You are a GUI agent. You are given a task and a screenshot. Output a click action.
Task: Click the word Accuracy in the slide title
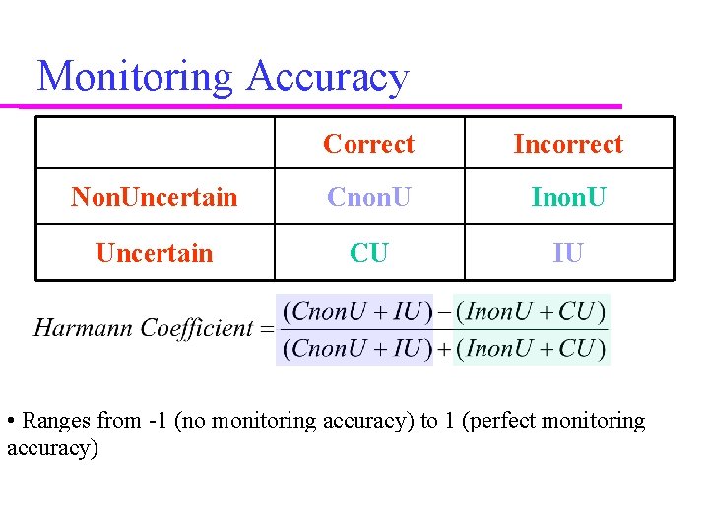tap(327, 77)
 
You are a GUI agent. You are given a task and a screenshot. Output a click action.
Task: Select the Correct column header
tap(368, 144)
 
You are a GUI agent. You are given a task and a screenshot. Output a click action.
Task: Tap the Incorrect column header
tap(568, 144)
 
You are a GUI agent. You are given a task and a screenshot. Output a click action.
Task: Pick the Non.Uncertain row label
tap(155, 197)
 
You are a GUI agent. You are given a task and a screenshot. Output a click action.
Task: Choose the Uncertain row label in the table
tap(155, 253)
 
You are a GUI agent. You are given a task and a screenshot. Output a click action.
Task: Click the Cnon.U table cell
tap(368, 197)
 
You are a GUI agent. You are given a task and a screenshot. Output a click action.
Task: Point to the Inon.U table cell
tap(568, 197)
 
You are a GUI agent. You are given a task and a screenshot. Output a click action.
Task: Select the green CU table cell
tap(368, 253)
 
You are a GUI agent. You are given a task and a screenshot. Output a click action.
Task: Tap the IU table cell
tap(568, 253)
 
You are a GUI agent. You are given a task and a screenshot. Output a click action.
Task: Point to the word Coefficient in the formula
tap(197, 328)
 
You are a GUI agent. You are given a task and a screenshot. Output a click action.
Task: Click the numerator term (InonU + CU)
tap(530, 313)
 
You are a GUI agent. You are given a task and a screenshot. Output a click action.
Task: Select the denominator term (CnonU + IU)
tap(355, 347)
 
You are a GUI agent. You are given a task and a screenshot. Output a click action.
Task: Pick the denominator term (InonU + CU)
tap(530, 347)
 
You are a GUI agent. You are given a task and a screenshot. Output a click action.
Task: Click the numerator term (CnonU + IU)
tap(355, 313)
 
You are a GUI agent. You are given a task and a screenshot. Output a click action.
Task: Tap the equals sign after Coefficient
tap(265, 329)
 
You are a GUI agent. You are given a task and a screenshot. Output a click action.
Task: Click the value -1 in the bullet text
tap(156, 422)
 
